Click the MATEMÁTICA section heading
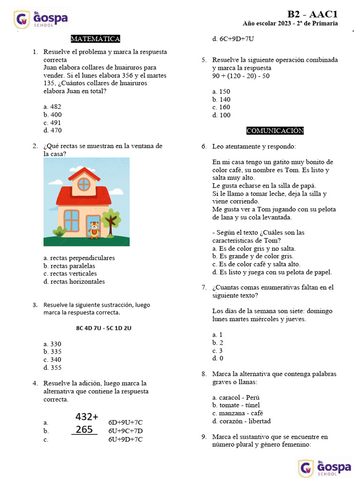95,39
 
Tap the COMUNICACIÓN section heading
275,131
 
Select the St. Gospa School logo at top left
41,19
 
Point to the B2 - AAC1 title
312,15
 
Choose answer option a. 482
52,107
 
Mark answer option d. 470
52,131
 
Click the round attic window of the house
84,184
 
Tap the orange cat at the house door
94,229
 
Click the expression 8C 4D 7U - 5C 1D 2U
104,328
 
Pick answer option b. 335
52,352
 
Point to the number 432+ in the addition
87,417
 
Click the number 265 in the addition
84,429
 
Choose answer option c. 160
221,107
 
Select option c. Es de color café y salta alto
256,264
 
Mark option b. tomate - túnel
236,405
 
